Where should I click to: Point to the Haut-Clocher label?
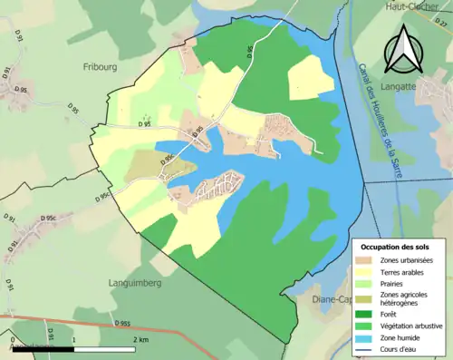(407, 5)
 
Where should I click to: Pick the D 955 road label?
(124, 323)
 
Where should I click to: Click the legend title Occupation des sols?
(396, 247)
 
